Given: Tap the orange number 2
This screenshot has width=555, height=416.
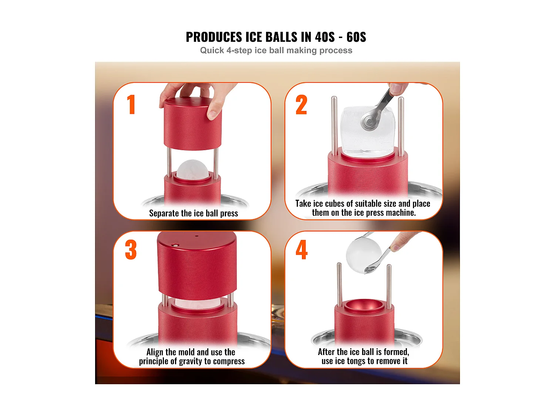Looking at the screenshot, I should pyautogui.click(x=301, y=105).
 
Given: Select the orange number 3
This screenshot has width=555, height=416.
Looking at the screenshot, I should pyautogui.click(x=131, y=250).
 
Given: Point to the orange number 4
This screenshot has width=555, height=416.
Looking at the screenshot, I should pyautogui.click(x=302, y=250).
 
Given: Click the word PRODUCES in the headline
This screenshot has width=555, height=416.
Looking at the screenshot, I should pyautogui.click(x=214, y=37).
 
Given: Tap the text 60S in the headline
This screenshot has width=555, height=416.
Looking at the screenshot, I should pyautogui.click(x=356, y=37).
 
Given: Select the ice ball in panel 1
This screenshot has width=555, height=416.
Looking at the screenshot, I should pyautogui.click(x=192, y=170).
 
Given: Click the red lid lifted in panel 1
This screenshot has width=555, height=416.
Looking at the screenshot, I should pyautogui.click(x=192, y=124).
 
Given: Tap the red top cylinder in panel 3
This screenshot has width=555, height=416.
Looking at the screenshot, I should pyautogui.click(x=197, y=264).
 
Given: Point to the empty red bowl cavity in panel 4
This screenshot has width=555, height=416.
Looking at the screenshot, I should pyautogui.click(x=364, y=306).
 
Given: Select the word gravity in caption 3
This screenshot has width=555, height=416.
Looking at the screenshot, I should pyautogui.click(x=190, y=361).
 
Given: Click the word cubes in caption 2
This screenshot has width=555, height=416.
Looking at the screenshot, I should pyautogui.click(x=334, y=204).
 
